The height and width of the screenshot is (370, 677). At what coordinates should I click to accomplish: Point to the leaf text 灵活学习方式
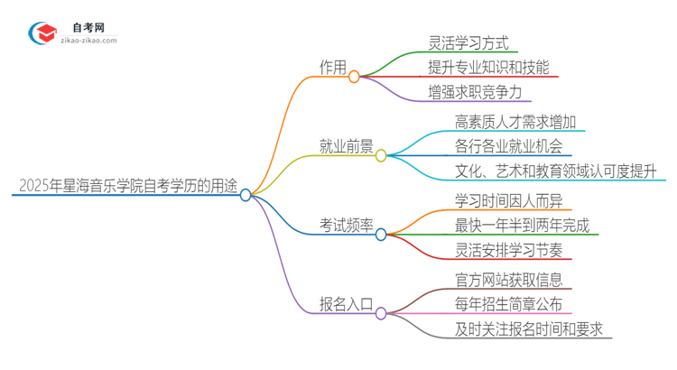point(468,42)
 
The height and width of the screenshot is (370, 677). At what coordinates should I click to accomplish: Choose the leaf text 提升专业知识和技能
point(487,68)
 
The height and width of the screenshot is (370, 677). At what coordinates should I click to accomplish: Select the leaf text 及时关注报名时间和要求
point(527,330)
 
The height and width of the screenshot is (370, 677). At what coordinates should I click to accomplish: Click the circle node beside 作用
point(354,77)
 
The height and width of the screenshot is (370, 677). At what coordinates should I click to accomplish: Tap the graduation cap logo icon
point(42,34)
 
